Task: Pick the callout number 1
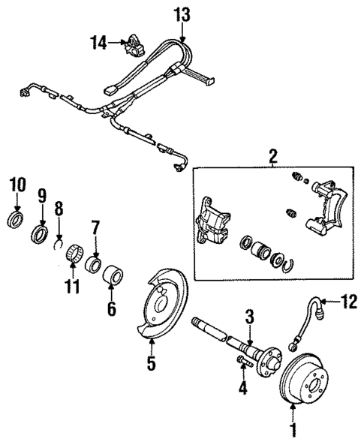[293, 430]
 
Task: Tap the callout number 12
[347, 302]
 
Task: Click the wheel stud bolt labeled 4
[242, 363]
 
